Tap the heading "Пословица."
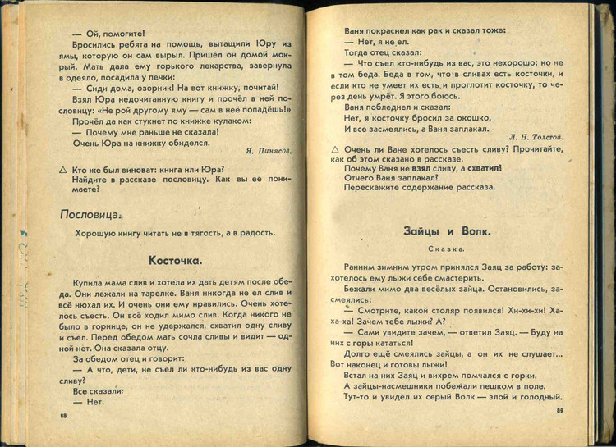[90, 215]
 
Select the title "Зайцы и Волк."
[447, 232]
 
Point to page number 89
[559, 410]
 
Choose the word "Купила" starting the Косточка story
[89, 281]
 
